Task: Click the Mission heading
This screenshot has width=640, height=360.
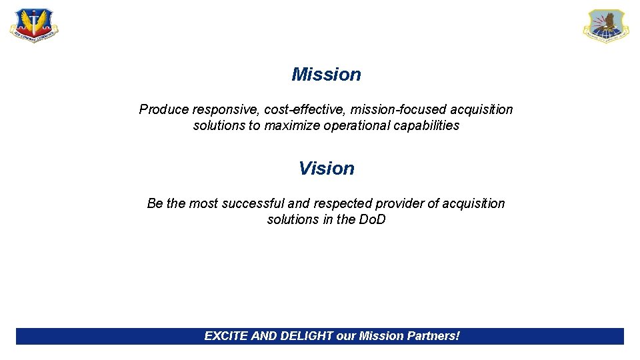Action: (326, 75)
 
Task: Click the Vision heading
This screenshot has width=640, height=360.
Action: (326, 169)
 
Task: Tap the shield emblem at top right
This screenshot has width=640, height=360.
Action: (605, 26)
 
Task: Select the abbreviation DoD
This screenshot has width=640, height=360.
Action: (372, 219)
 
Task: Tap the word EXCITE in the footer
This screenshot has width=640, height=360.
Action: (226, 336)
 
